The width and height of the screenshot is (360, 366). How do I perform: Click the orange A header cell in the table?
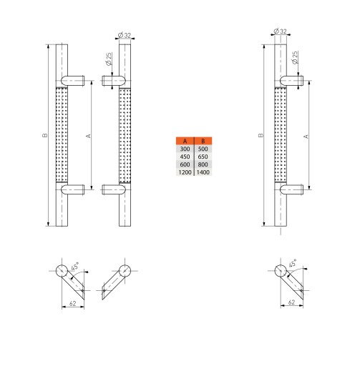click(185, 141)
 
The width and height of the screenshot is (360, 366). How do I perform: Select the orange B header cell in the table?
click(203, 141)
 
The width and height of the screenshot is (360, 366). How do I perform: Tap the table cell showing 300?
click(185, 149)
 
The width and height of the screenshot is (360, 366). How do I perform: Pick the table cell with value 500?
click(203, 149)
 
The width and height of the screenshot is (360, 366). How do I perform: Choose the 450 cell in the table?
click(185, 157)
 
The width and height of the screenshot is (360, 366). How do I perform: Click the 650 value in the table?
click(203, 157)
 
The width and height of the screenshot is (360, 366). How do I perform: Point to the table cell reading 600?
click(185, 164)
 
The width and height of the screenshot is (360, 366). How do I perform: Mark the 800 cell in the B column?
click(203, 164)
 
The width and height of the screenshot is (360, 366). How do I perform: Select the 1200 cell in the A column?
click(185, 172)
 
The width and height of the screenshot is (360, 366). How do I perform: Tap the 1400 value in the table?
click(203, 172)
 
